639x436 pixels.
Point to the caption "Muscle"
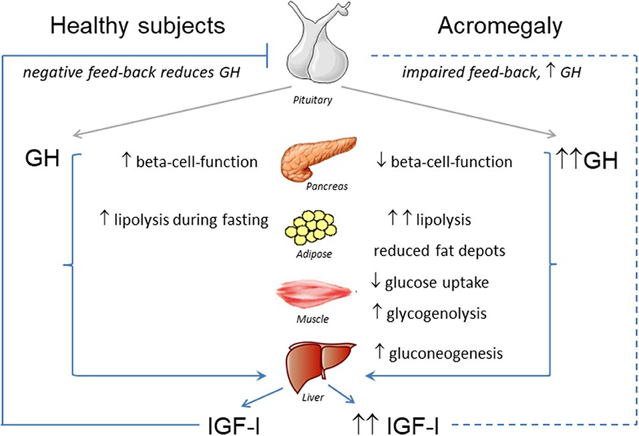pyautogui.click(x=312, y=319)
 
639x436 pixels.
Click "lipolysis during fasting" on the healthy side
pyautogui.click(x=190, y=219)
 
